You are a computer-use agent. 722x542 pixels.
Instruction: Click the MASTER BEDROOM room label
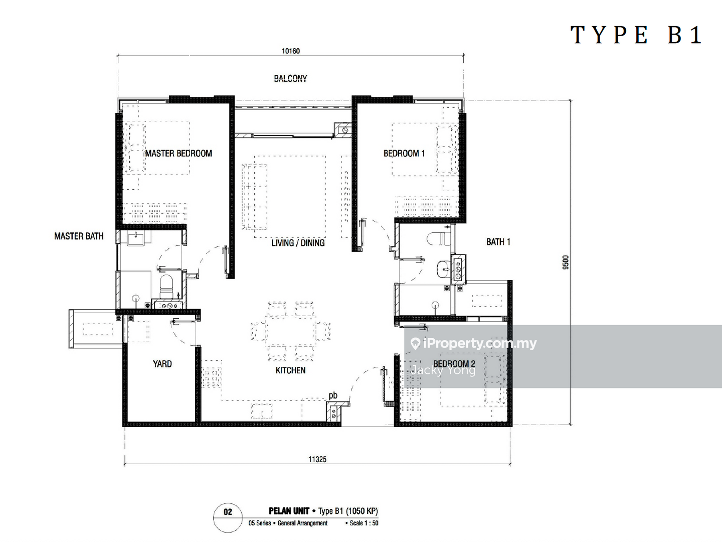click(x=178, y=154)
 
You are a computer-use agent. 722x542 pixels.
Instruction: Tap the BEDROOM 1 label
click(x=404, y=154)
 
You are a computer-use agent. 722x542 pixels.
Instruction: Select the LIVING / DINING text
click(x=298, y=243)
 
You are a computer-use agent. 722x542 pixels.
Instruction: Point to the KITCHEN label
click(x=290, y=370)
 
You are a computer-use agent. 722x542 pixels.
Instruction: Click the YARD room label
click(x=162, y=364)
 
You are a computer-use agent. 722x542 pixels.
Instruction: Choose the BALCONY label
click(x=290, y=78)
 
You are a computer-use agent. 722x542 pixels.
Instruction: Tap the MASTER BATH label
click(x=79, y=236)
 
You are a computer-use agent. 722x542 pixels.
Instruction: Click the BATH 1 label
click(x=498, y=242)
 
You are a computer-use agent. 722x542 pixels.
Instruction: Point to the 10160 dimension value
click(x=291, y=51)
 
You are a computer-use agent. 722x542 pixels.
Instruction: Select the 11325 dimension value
click(x=317, y=459)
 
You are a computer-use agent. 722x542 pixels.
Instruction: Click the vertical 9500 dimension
click(x=566, y=262)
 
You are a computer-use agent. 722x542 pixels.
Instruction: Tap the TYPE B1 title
click(x=636, y=35)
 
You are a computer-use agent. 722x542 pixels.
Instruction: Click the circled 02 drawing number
click(x=228, y=512)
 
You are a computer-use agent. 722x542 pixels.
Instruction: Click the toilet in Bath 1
click(x=438, y=238)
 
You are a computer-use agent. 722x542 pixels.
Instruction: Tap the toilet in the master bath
click(x=166, y=286)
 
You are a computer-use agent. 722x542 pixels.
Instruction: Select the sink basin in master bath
click(x=135, y=238)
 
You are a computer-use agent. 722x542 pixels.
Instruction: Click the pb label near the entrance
click(x=333, y=395)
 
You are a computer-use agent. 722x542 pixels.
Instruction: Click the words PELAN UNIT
click(x=289, y=511)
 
